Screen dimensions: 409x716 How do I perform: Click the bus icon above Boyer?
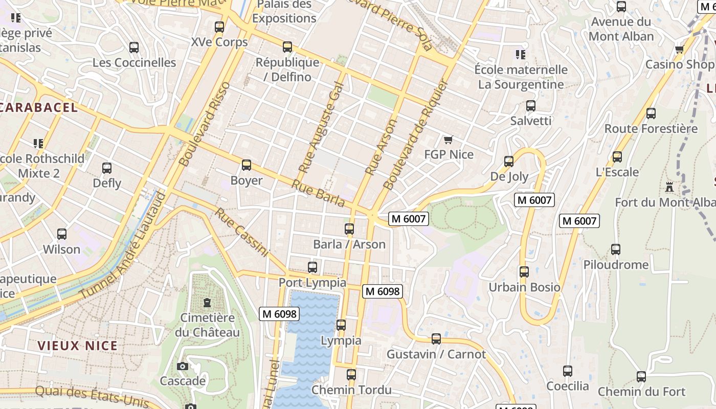click(x=247, y=165)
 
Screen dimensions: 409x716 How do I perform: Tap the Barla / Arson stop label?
click(x=349, y=244)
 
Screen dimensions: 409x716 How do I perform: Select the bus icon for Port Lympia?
click(x=312, y=267)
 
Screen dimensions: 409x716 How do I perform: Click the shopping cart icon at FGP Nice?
click(x=449, y=140)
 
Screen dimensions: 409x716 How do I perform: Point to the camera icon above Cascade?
click(x=183, y=366)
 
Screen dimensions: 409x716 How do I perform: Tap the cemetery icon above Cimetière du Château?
click(x=207, y=303)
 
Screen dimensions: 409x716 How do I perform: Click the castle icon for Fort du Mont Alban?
click(x=669, y=187)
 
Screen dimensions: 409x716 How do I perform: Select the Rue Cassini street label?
click(x=241, y=233)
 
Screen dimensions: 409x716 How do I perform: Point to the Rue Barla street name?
click(x=318, y=194)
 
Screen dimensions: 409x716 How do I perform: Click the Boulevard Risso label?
click(x=205, y=124)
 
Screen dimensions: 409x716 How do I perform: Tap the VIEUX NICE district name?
click(x=78, y=346)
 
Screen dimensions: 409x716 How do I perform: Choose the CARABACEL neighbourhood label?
click(x=39, y=107)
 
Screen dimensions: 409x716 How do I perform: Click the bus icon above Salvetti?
click(x=531, y=106)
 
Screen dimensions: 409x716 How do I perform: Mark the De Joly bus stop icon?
click(x=509, y=162)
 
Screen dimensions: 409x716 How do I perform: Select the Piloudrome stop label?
click(x=616, y=265)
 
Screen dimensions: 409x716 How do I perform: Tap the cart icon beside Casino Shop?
click(x=679, y=50)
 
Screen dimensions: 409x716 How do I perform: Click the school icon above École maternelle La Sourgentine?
click(x=521, y=54)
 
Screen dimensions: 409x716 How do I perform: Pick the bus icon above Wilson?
click(x=62, y=234)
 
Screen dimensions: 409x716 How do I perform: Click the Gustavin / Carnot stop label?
click(x=436, y=354)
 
